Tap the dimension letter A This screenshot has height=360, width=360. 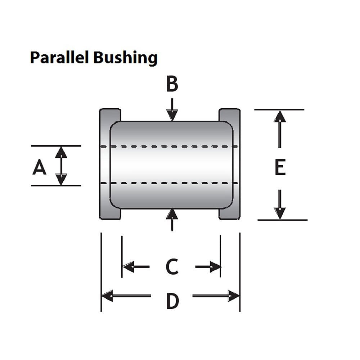40,168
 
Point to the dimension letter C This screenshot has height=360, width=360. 172,267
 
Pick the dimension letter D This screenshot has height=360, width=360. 172,301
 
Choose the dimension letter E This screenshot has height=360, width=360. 280,168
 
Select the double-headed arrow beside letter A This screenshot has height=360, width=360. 61,166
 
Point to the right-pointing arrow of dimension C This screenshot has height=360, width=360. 208,267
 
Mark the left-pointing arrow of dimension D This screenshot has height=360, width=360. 126,296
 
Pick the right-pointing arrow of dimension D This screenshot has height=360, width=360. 216,296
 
